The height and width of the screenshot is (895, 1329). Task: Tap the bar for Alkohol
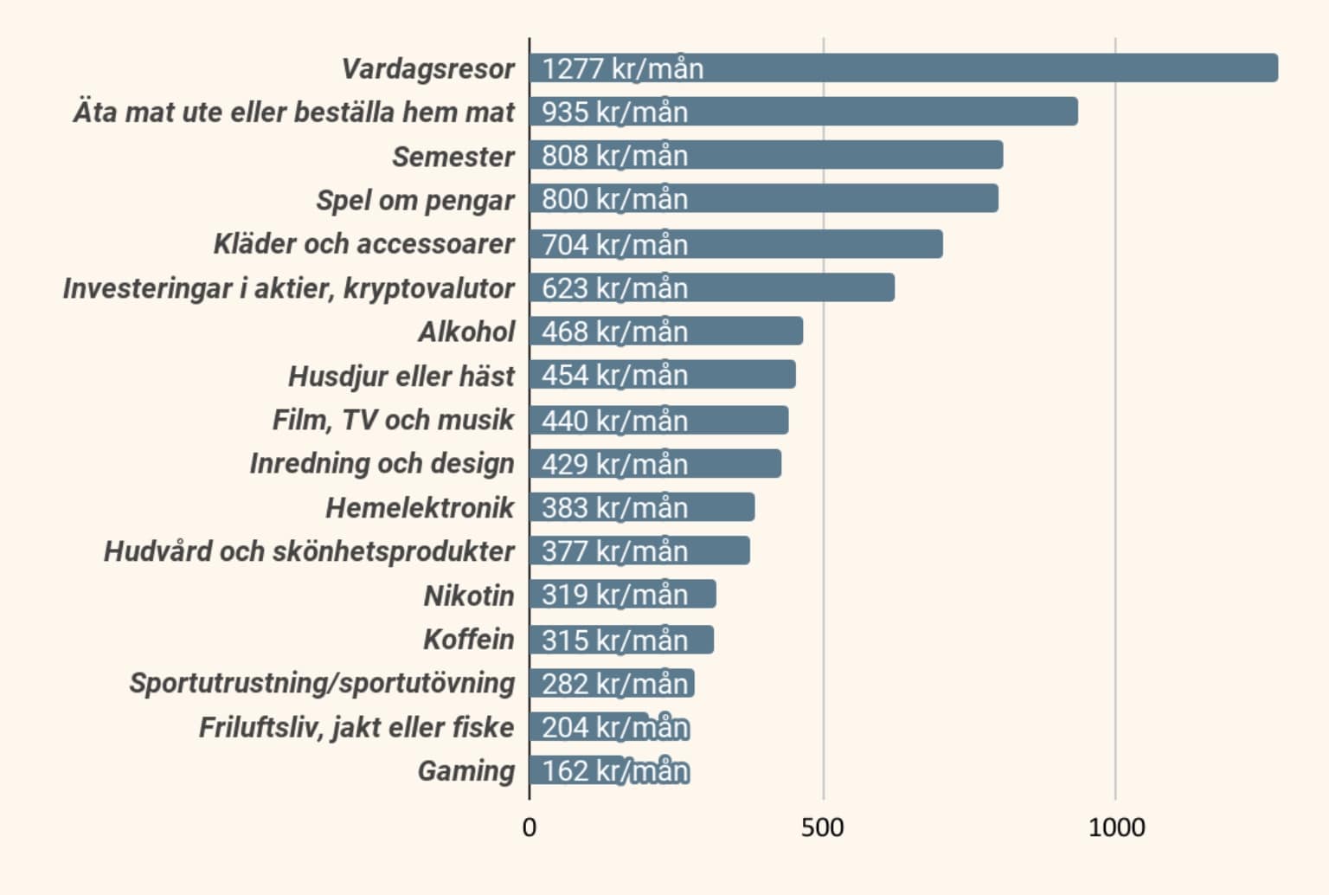[x=744, y=332]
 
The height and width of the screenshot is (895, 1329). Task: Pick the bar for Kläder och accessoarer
[x=813, y=244]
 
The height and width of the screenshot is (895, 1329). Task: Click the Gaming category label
[x=465, y=770]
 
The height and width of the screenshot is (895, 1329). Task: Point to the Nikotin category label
[x=468, y=596]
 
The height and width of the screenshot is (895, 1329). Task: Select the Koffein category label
[x=468, y=640]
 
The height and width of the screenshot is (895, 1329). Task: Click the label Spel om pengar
[x=414, y=200]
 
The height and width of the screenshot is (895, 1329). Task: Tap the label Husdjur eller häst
[x=401, y=376]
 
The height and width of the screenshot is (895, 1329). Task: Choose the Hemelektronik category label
[x=420, y=507]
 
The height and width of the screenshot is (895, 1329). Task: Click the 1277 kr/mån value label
[x=622, y=68]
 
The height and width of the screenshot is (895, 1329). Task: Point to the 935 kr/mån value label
[x=614, y=112]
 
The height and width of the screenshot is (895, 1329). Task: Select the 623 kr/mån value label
[x=614, y=287]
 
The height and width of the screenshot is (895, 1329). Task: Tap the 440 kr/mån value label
[x=614, y=420]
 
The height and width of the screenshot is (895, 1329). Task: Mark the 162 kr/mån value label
[x=614, y=770]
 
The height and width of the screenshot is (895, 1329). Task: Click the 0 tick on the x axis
[x=530, y=827]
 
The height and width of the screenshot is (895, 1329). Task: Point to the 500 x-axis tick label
[x=822, y=827]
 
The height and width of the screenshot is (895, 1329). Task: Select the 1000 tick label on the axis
[x=1116, y=827]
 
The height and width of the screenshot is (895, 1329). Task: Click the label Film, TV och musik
[x=393, y=420]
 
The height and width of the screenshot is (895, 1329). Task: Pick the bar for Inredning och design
[x=735, y=464]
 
